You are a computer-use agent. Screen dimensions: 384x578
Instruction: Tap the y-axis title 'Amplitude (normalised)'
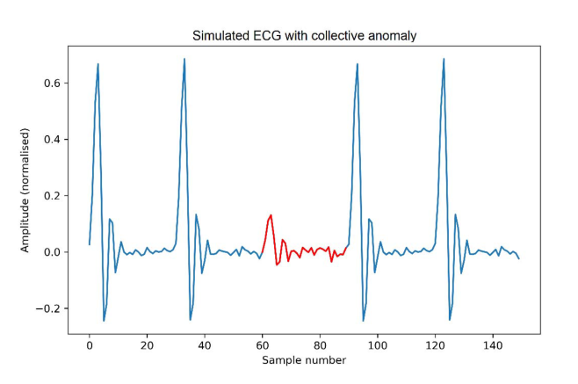(x=27, y=191)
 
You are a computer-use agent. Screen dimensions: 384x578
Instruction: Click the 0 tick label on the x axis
(x=90, y=344)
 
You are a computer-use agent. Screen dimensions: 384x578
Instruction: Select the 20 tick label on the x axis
(x=147, y=344)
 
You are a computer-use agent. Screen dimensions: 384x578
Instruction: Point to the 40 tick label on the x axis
(x=205, y=344)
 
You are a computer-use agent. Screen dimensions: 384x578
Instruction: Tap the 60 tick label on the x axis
(x=262, y=344)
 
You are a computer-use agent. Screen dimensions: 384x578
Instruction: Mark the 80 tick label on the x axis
(x=320, y=344)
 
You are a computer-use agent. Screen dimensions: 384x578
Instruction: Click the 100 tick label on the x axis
(x=377, y=344)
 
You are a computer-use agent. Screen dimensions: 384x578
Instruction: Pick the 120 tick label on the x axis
(x=435, y=344)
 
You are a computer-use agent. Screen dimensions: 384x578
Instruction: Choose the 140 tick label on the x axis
(x=492, y=344)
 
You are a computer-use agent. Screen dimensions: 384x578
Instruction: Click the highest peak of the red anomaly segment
(x=271, y=215)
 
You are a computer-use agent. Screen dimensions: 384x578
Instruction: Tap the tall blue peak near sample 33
(x=184, y=60)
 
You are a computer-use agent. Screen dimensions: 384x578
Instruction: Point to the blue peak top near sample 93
(x=358, y=64)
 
